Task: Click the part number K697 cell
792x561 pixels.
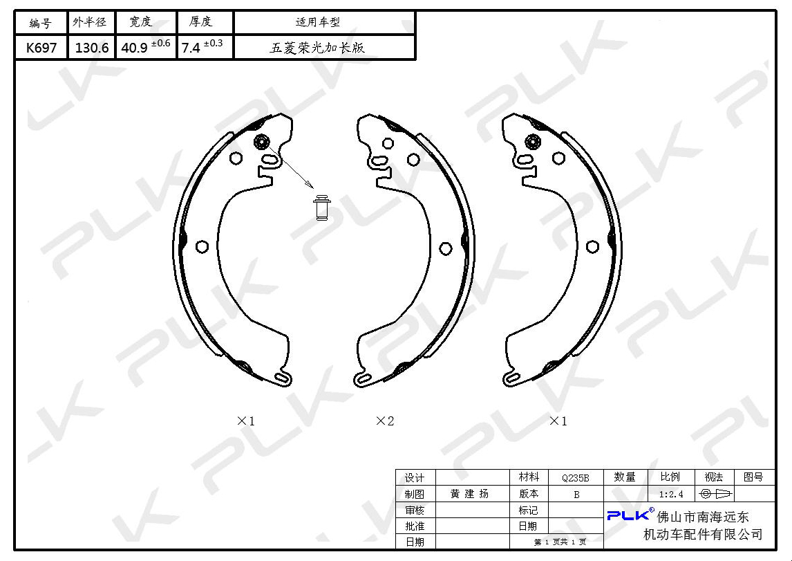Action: tap(41, 48)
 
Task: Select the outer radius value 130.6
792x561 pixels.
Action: tap(92, 48)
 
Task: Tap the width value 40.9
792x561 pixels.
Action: tap(134, 48)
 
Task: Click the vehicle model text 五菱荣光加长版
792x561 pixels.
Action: tap(317, 48)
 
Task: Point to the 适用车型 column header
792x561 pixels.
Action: tap(318, 22)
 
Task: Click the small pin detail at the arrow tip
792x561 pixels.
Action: tap(322, 208)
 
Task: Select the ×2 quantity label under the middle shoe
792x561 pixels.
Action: tap(385, 421)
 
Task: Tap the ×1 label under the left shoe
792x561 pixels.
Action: tap(246, 421)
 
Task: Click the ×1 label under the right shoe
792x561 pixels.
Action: tap(558, 421)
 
